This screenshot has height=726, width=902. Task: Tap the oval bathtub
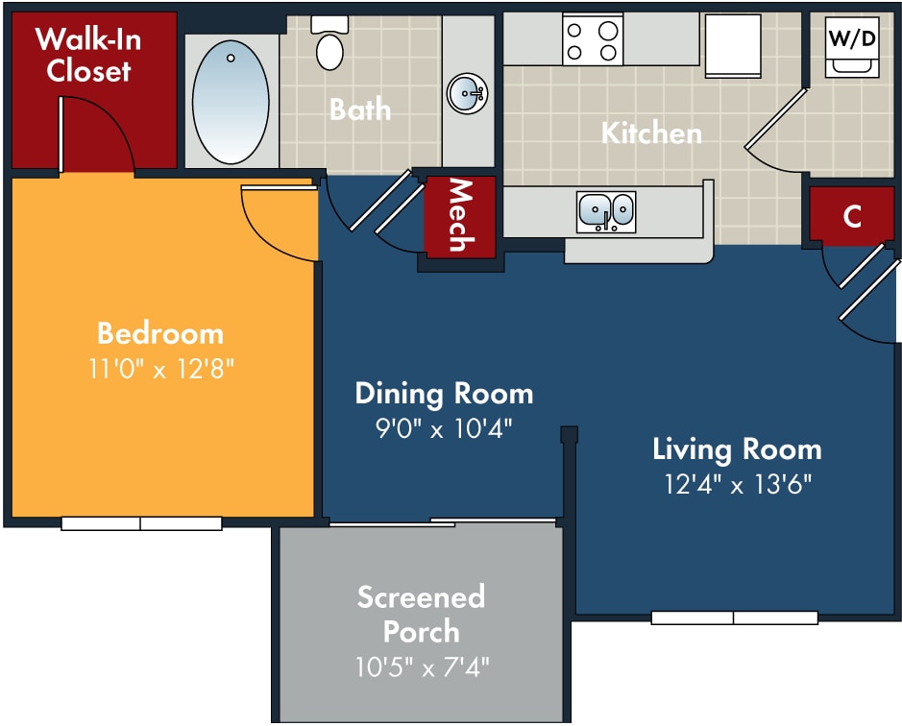231,102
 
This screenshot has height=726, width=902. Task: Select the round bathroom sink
468,93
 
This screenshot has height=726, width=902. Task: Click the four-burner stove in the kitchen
593,39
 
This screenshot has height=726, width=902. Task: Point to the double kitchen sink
606,211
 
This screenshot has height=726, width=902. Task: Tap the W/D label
852,38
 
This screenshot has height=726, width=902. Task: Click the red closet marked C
852,214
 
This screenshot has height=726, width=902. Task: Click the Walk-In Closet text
88,56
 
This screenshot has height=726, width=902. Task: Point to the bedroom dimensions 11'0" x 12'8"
161,368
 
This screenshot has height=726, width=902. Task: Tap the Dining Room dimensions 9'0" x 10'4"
444,428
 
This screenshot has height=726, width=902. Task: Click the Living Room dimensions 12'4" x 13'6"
738,484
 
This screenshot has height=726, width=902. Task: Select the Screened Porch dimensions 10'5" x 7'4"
423,667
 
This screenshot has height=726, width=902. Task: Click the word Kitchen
651,133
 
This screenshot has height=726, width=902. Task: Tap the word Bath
360,109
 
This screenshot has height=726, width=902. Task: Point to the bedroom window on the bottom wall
141,523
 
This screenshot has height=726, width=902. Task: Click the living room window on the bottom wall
735,617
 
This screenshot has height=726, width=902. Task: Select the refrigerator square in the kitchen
734,45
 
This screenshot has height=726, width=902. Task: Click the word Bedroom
160,333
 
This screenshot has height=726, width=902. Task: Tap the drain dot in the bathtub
231,59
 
